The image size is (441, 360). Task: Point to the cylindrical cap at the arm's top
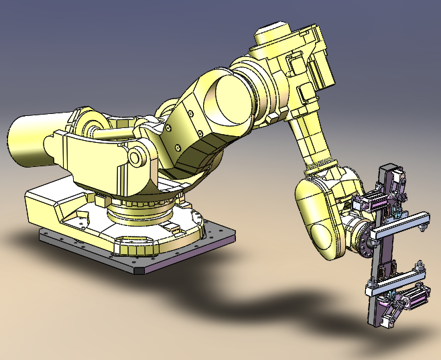272,33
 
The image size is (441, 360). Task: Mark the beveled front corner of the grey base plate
142,272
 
